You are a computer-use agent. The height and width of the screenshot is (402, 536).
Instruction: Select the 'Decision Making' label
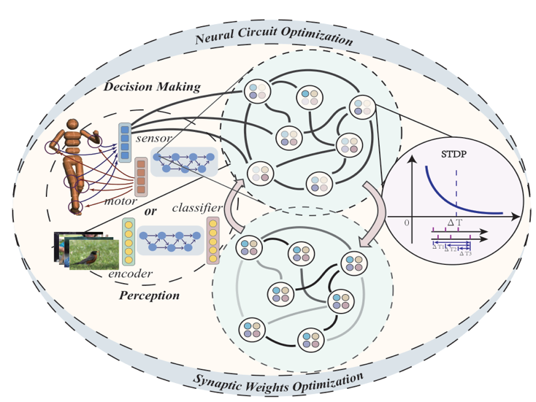tap(152, 87)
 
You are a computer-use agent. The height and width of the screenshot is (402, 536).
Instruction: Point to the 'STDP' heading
tap(453, 155)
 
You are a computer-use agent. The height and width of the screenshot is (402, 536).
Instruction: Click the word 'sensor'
tap(154, 138)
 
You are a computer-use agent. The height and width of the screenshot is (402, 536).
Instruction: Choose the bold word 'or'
tap(150, 212)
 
